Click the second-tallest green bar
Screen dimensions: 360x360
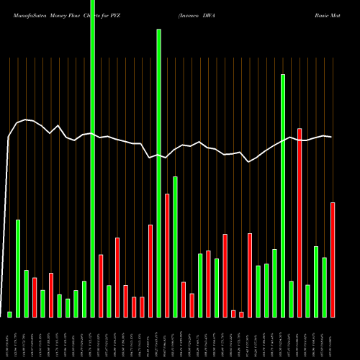(158, 173)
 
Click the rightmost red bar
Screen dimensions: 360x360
(333, 259)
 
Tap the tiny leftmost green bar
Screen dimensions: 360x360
(10, 314)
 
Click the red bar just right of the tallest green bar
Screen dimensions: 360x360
(101, 285)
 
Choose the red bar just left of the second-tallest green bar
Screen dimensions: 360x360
(150, 271)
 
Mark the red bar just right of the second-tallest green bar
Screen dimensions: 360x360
(167, 255)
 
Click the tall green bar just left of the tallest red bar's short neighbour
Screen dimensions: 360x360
(283, 194)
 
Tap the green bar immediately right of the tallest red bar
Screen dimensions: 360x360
(307, 300)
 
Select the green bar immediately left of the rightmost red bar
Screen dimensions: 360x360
(325, 287)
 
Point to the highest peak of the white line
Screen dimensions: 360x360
(26, 119)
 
